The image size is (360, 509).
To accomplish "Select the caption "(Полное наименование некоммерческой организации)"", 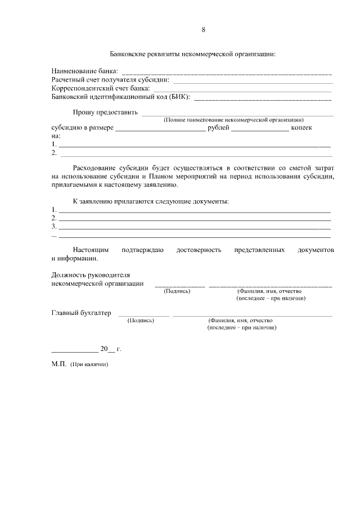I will click(x=233, y=120).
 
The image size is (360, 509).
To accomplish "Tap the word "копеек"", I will click(x=301, y=128).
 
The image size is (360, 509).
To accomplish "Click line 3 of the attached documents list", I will click(x=195, y=228).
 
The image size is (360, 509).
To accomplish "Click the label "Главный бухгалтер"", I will click(x=81, y=313).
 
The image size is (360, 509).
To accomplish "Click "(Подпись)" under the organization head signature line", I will click(x=177, y=291).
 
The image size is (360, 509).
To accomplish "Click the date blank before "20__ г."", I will click(x=74, y=350).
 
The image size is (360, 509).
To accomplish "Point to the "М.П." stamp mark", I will click(x=58, y=364).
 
